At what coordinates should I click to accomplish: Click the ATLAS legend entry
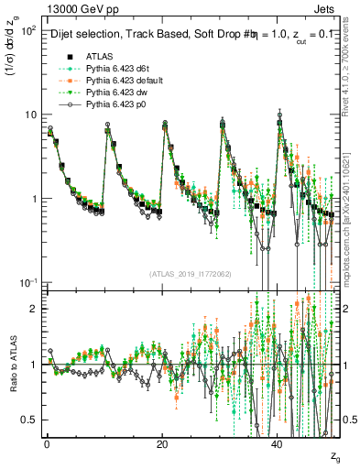(100, 56)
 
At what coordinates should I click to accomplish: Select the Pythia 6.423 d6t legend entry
(117, 69)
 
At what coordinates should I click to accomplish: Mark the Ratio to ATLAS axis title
(13, 363)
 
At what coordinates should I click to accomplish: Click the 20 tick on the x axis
(162, 445)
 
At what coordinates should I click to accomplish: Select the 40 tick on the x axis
(278, 445)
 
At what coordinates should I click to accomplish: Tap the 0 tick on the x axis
(47, 445)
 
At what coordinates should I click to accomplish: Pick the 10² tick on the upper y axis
(29, 31)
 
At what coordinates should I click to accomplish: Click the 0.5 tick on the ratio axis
(31, 420)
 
